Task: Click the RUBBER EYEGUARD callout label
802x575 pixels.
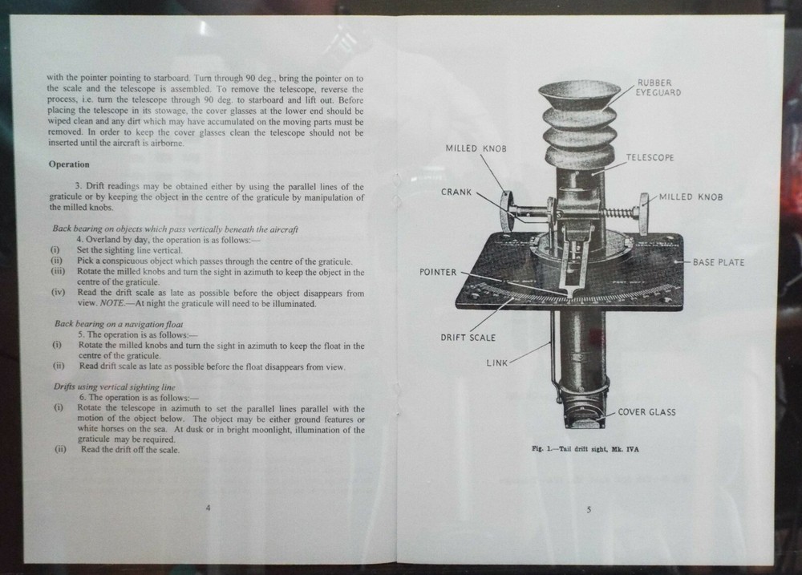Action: coord(660,87)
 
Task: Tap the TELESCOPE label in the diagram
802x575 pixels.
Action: coord(650,158)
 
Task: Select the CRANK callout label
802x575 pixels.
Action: coord(456,192)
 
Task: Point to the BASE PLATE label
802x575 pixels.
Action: coord(719,262)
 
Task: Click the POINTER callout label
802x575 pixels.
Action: coord(438,273)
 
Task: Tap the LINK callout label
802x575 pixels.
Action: coord(497,362)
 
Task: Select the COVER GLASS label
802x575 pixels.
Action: coord(646,412)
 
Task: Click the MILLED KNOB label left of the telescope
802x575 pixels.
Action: coord(476,149)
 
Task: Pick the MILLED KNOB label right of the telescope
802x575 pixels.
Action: coord(691,197)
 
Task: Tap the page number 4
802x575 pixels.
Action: coord(209,508)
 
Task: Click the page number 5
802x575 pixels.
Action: coord(589,510)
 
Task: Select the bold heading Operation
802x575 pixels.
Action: coord(69,164)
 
